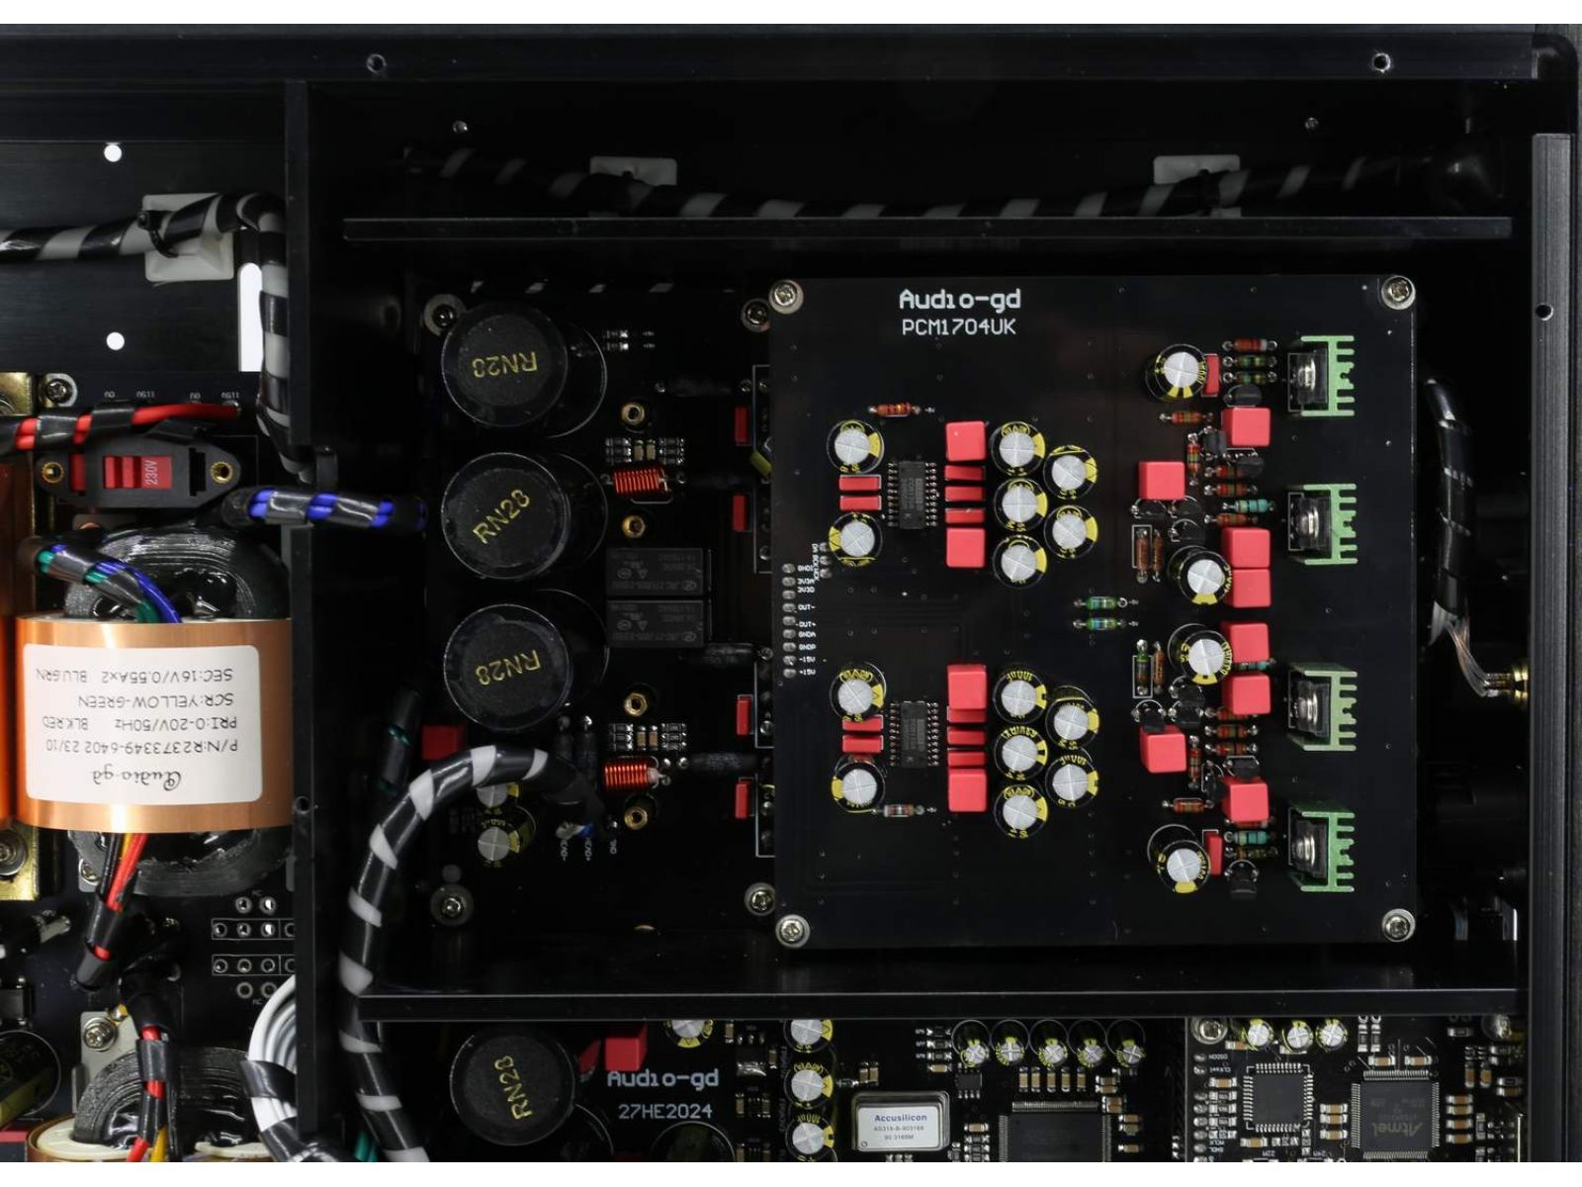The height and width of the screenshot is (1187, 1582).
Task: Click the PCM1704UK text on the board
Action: (x=957, y=326)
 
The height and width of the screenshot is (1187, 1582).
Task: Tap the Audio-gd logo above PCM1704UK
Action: (x=958, y=299)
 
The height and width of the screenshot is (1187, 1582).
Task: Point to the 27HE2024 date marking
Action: (x=664, y=1111)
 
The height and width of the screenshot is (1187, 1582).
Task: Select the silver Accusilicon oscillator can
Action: (x=899, y=1122)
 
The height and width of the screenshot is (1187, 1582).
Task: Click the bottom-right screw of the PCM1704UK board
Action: (x=1396, y=926)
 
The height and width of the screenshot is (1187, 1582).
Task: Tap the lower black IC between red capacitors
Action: (x=913, y=732)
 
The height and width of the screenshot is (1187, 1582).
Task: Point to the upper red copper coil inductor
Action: (x=636, y=482)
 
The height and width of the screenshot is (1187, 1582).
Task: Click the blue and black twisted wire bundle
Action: (x=321, y=510)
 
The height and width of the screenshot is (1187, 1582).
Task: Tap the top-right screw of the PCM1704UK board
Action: (x=1396, y=291)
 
